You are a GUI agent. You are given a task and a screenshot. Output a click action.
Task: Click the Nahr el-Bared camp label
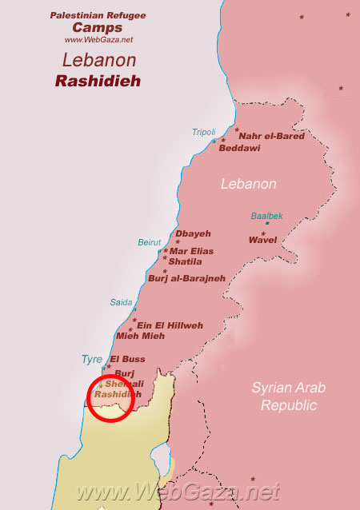(273, 136)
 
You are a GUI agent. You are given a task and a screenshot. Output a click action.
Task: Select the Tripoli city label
(203, 132)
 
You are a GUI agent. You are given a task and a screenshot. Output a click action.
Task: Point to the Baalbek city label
(266, 216)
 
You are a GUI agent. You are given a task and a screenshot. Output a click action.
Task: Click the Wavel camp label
(262, 239)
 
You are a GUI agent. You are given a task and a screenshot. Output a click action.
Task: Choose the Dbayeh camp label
(193, 233)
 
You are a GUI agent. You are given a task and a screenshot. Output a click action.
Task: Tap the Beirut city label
(149, 241)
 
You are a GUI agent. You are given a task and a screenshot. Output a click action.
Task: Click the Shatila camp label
(185, 261)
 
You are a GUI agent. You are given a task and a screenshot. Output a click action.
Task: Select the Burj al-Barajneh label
(186, 278)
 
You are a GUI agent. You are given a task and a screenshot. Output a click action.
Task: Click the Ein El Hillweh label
(170, 325)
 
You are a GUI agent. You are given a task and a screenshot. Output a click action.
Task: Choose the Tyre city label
(91, 360)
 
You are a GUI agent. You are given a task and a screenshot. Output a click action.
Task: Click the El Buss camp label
(128, 359)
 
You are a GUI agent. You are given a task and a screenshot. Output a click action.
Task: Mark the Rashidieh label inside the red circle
(117, 394)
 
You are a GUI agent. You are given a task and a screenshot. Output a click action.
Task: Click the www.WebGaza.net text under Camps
(98, 39)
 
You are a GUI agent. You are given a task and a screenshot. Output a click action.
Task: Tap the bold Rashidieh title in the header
(97, 81)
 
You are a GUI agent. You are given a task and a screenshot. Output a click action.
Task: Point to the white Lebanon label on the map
(249, 184)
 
